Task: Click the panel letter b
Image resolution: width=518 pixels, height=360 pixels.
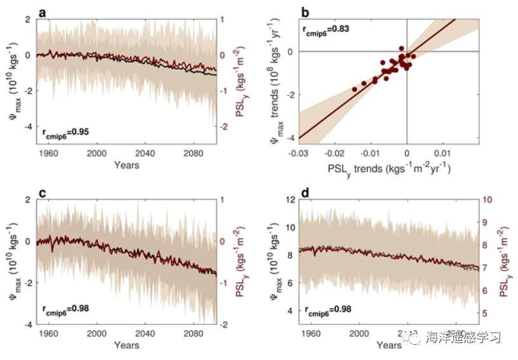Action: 305,12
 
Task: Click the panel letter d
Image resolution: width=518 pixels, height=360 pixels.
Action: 305,192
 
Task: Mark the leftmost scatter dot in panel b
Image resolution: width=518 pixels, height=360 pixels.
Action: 354,90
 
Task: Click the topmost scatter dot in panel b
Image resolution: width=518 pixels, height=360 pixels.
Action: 401,48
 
